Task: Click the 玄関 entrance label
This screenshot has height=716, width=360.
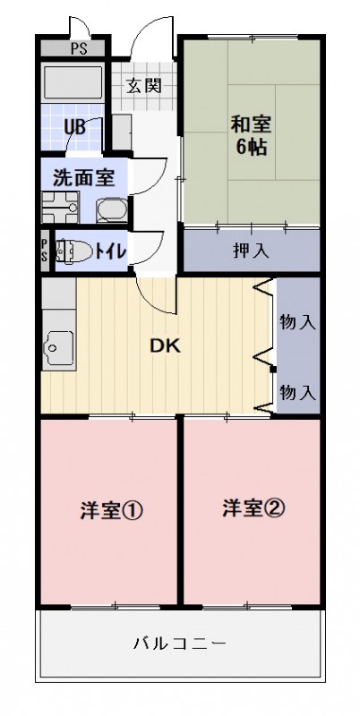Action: click(142, 88)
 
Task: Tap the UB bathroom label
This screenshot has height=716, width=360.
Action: click(74, 126)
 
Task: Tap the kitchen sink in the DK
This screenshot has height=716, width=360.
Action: click(57, 343)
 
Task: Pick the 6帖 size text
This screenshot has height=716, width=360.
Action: click(252, 148)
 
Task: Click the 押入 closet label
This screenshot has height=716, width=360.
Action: click(252, 250)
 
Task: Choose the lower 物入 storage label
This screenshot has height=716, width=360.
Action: click(297, 390)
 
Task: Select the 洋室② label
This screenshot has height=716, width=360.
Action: click(253, 508)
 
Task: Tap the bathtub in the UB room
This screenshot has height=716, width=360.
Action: click(74, 85)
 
